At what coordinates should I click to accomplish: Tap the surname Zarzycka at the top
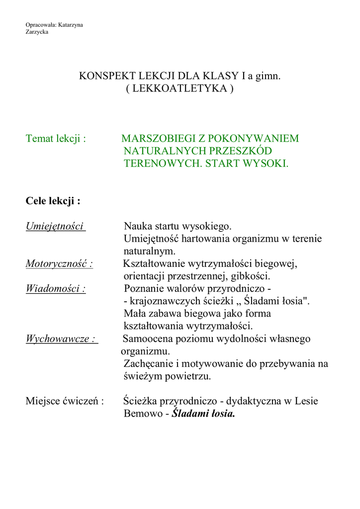click(x=37, y=32)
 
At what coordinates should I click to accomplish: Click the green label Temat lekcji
click(x=55, y=138)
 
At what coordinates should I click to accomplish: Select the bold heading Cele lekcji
click(x=53, y=201)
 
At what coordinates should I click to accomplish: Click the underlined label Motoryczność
click(x=59, y=263)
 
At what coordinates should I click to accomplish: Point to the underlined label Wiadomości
click(x=56, y=289)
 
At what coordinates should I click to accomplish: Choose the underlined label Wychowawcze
click(x=61, y=339)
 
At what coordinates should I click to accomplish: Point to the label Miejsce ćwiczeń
click(x=65, y=401)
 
